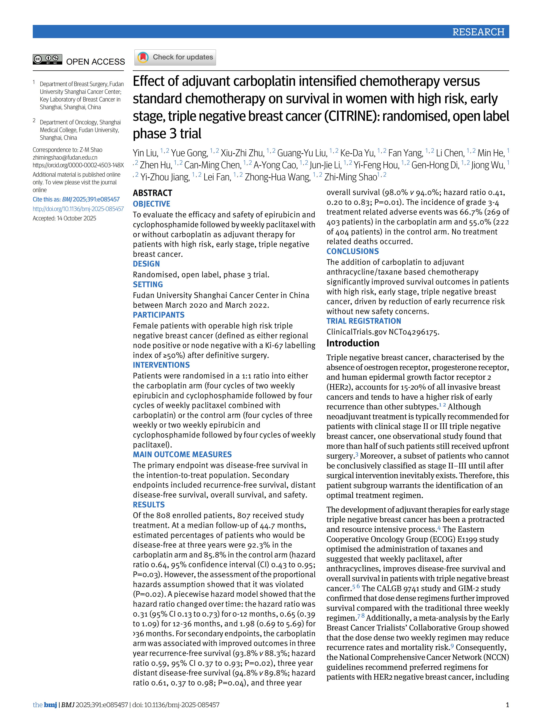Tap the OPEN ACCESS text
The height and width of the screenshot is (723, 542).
pyautogui.click(x=95, y=62)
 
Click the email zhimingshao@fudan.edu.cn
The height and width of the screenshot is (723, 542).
pyautogui.click(x=65, y=158)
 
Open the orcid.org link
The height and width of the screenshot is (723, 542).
pyautogui.click(x=78, y=165)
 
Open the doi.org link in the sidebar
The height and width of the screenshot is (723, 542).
pyautogui.click(x=78, y=209)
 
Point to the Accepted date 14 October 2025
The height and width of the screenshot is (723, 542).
pyautogui.click(x=64, y=218)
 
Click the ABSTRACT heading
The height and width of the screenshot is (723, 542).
pyautogui.click(x=152, y=193)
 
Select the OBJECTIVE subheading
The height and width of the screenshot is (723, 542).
pyautogui.click(x=152, y=204)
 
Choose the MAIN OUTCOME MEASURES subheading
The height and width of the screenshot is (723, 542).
pyautogui.click(x=182, y=454)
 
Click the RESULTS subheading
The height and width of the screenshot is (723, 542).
pyautogui.click(x=149, y=505)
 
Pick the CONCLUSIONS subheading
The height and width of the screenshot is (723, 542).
pyautogui.click(x=353, y=251)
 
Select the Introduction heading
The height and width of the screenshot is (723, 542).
pyautogui.click(x=353, y=343)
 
